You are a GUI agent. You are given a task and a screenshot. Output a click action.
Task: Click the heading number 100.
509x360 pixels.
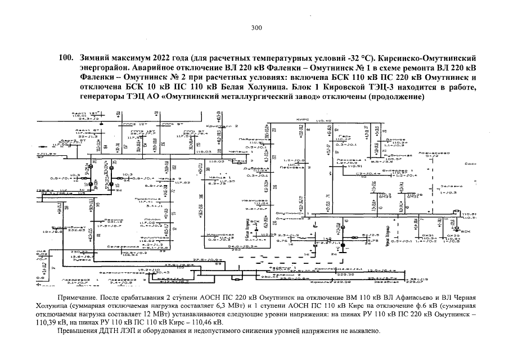click(66, 58)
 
